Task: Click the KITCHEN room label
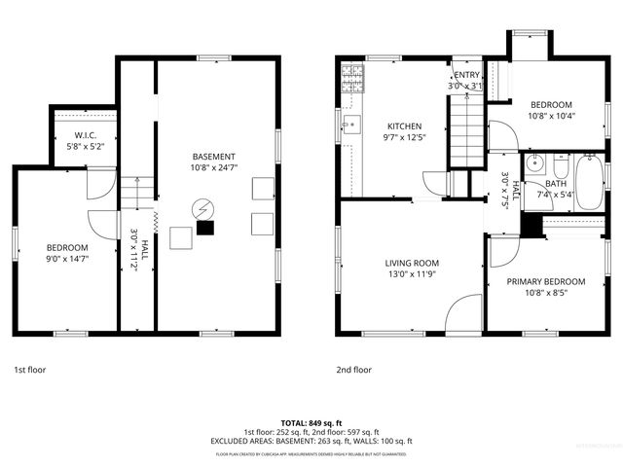(x=404, y=126)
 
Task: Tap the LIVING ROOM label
(x=412, y=263)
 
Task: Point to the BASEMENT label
(x=213, y=157)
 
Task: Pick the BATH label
(x=556, y=183)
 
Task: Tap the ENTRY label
(x=466, y=75)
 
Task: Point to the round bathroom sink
(x=533, y=164)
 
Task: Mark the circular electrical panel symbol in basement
(x=202, y=208)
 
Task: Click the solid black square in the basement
(x=204, y=229)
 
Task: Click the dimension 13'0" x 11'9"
(x=412, y=274)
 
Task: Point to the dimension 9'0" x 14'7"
(x=67, y=260)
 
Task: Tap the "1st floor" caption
(x=29, y=370)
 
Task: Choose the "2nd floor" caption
(x=354, y=370)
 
